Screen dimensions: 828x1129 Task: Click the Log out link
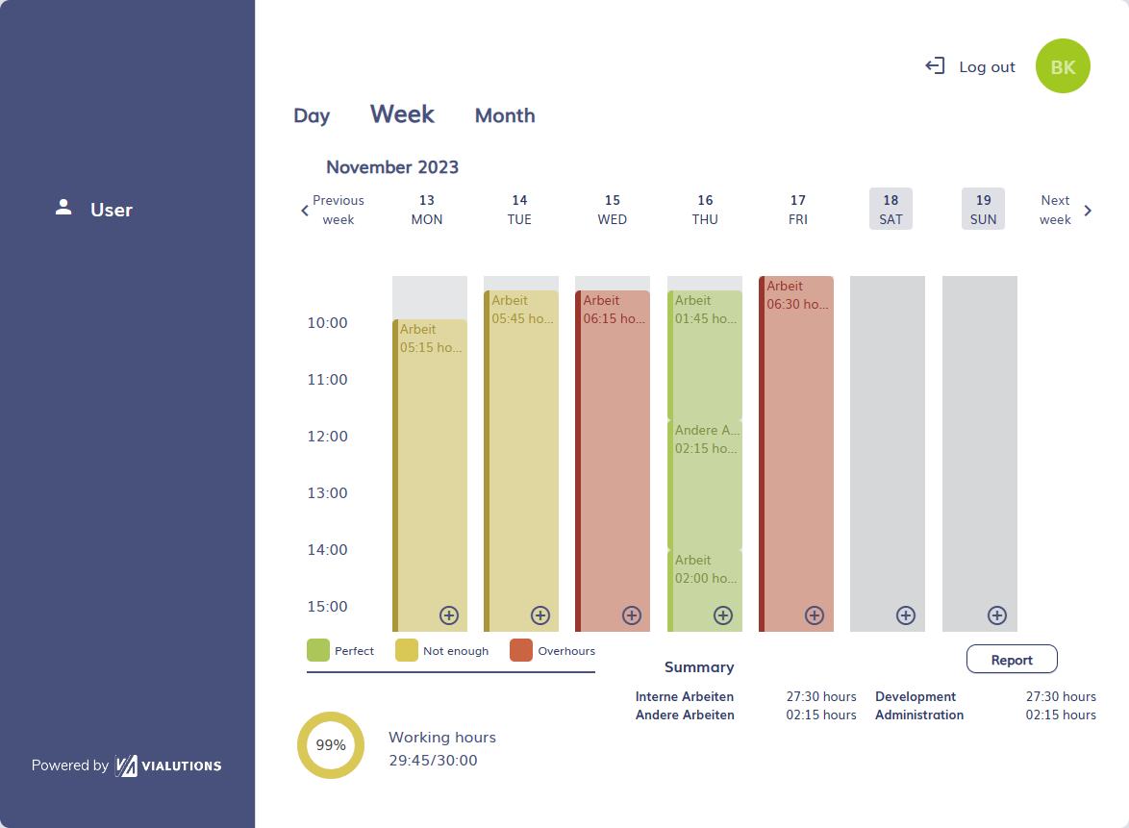coord(971,66)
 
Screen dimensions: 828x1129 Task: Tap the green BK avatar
coord(1063,66)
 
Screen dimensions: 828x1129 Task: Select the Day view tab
coord(312,116)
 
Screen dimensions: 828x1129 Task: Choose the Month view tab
coord(505,116)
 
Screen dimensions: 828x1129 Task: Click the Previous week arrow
coord(306,211)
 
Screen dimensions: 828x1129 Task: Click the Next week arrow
coord(1088,211)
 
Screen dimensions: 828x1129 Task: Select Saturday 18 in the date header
coord(891,209)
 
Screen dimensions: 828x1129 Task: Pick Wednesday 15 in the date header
coord(613,209)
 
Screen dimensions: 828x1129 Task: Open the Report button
coord(1012,660)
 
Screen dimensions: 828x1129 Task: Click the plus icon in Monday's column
coord(449,615)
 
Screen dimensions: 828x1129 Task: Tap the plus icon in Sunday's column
coord(997,615)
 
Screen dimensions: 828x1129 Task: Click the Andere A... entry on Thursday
coord(706,481)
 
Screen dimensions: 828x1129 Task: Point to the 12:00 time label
coord(328,437)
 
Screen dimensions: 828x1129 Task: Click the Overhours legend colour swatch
coord(521,650)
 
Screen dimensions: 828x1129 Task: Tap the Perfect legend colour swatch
coord(318,650)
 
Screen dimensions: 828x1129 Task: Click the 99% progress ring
coord(331,745)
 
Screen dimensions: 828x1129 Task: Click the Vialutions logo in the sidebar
coord(168,765)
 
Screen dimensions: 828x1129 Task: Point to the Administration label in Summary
coord(918,715)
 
